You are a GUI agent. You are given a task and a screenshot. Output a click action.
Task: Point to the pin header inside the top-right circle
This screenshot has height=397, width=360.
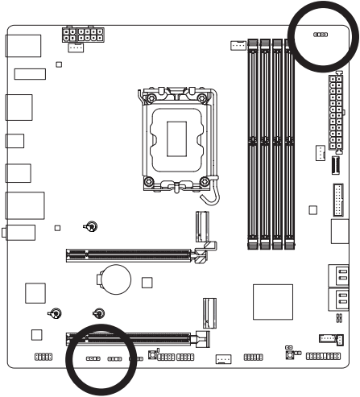(x=320, y=36)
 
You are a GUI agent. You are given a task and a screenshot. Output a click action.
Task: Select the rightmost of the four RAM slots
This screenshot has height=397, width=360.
(x=288, y=141)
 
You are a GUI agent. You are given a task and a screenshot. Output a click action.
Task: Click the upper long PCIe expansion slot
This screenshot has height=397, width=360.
(x=129, y=256)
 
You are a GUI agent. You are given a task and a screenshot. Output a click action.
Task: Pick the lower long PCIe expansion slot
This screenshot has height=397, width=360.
(x=129, y=338)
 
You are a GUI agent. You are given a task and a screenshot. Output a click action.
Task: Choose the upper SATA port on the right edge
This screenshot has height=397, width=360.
(x=338, y=276)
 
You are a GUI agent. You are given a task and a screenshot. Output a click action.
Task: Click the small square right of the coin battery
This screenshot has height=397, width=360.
(x=147, y=283)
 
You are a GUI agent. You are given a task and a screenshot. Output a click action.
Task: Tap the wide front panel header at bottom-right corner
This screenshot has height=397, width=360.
(x=323, y=356)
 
